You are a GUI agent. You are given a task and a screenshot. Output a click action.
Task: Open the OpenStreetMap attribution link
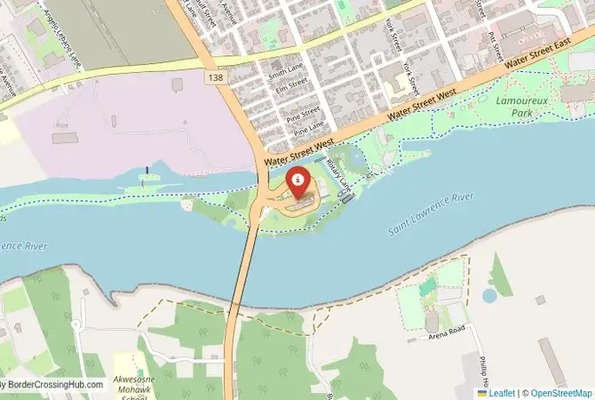(557, 392)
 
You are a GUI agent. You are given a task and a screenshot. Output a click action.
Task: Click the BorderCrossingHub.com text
(53, 385)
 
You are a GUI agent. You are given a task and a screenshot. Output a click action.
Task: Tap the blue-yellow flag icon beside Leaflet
(482, 392)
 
